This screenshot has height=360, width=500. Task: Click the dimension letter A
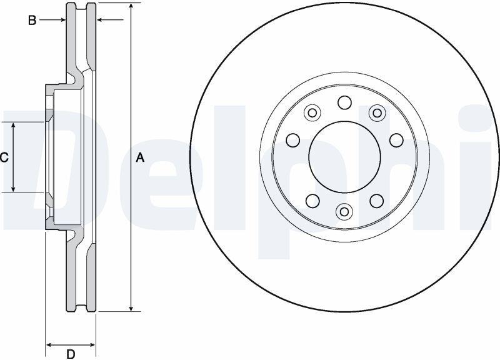click(140, 157)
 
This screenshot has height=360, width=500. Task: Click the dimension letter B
click(32, 21)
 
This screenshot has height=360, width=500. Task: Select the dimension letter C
click(4, 157)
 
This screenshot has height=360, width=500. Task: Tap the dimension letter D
click(71, 354)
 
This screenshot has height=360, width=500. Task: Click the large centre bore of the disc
click(345, 157)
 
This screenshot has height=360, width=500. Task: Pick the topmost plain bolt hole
click(345, 102)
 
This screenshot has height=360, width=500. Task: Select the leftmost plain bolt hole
click(293, 140)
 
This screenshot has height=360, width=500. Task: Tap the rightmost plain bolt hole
click(396, 140)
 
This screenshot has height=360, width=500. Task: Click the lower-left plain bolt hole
click(312, 201)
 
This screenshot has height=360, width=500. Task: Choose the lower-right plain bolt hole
click(377, 201)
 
